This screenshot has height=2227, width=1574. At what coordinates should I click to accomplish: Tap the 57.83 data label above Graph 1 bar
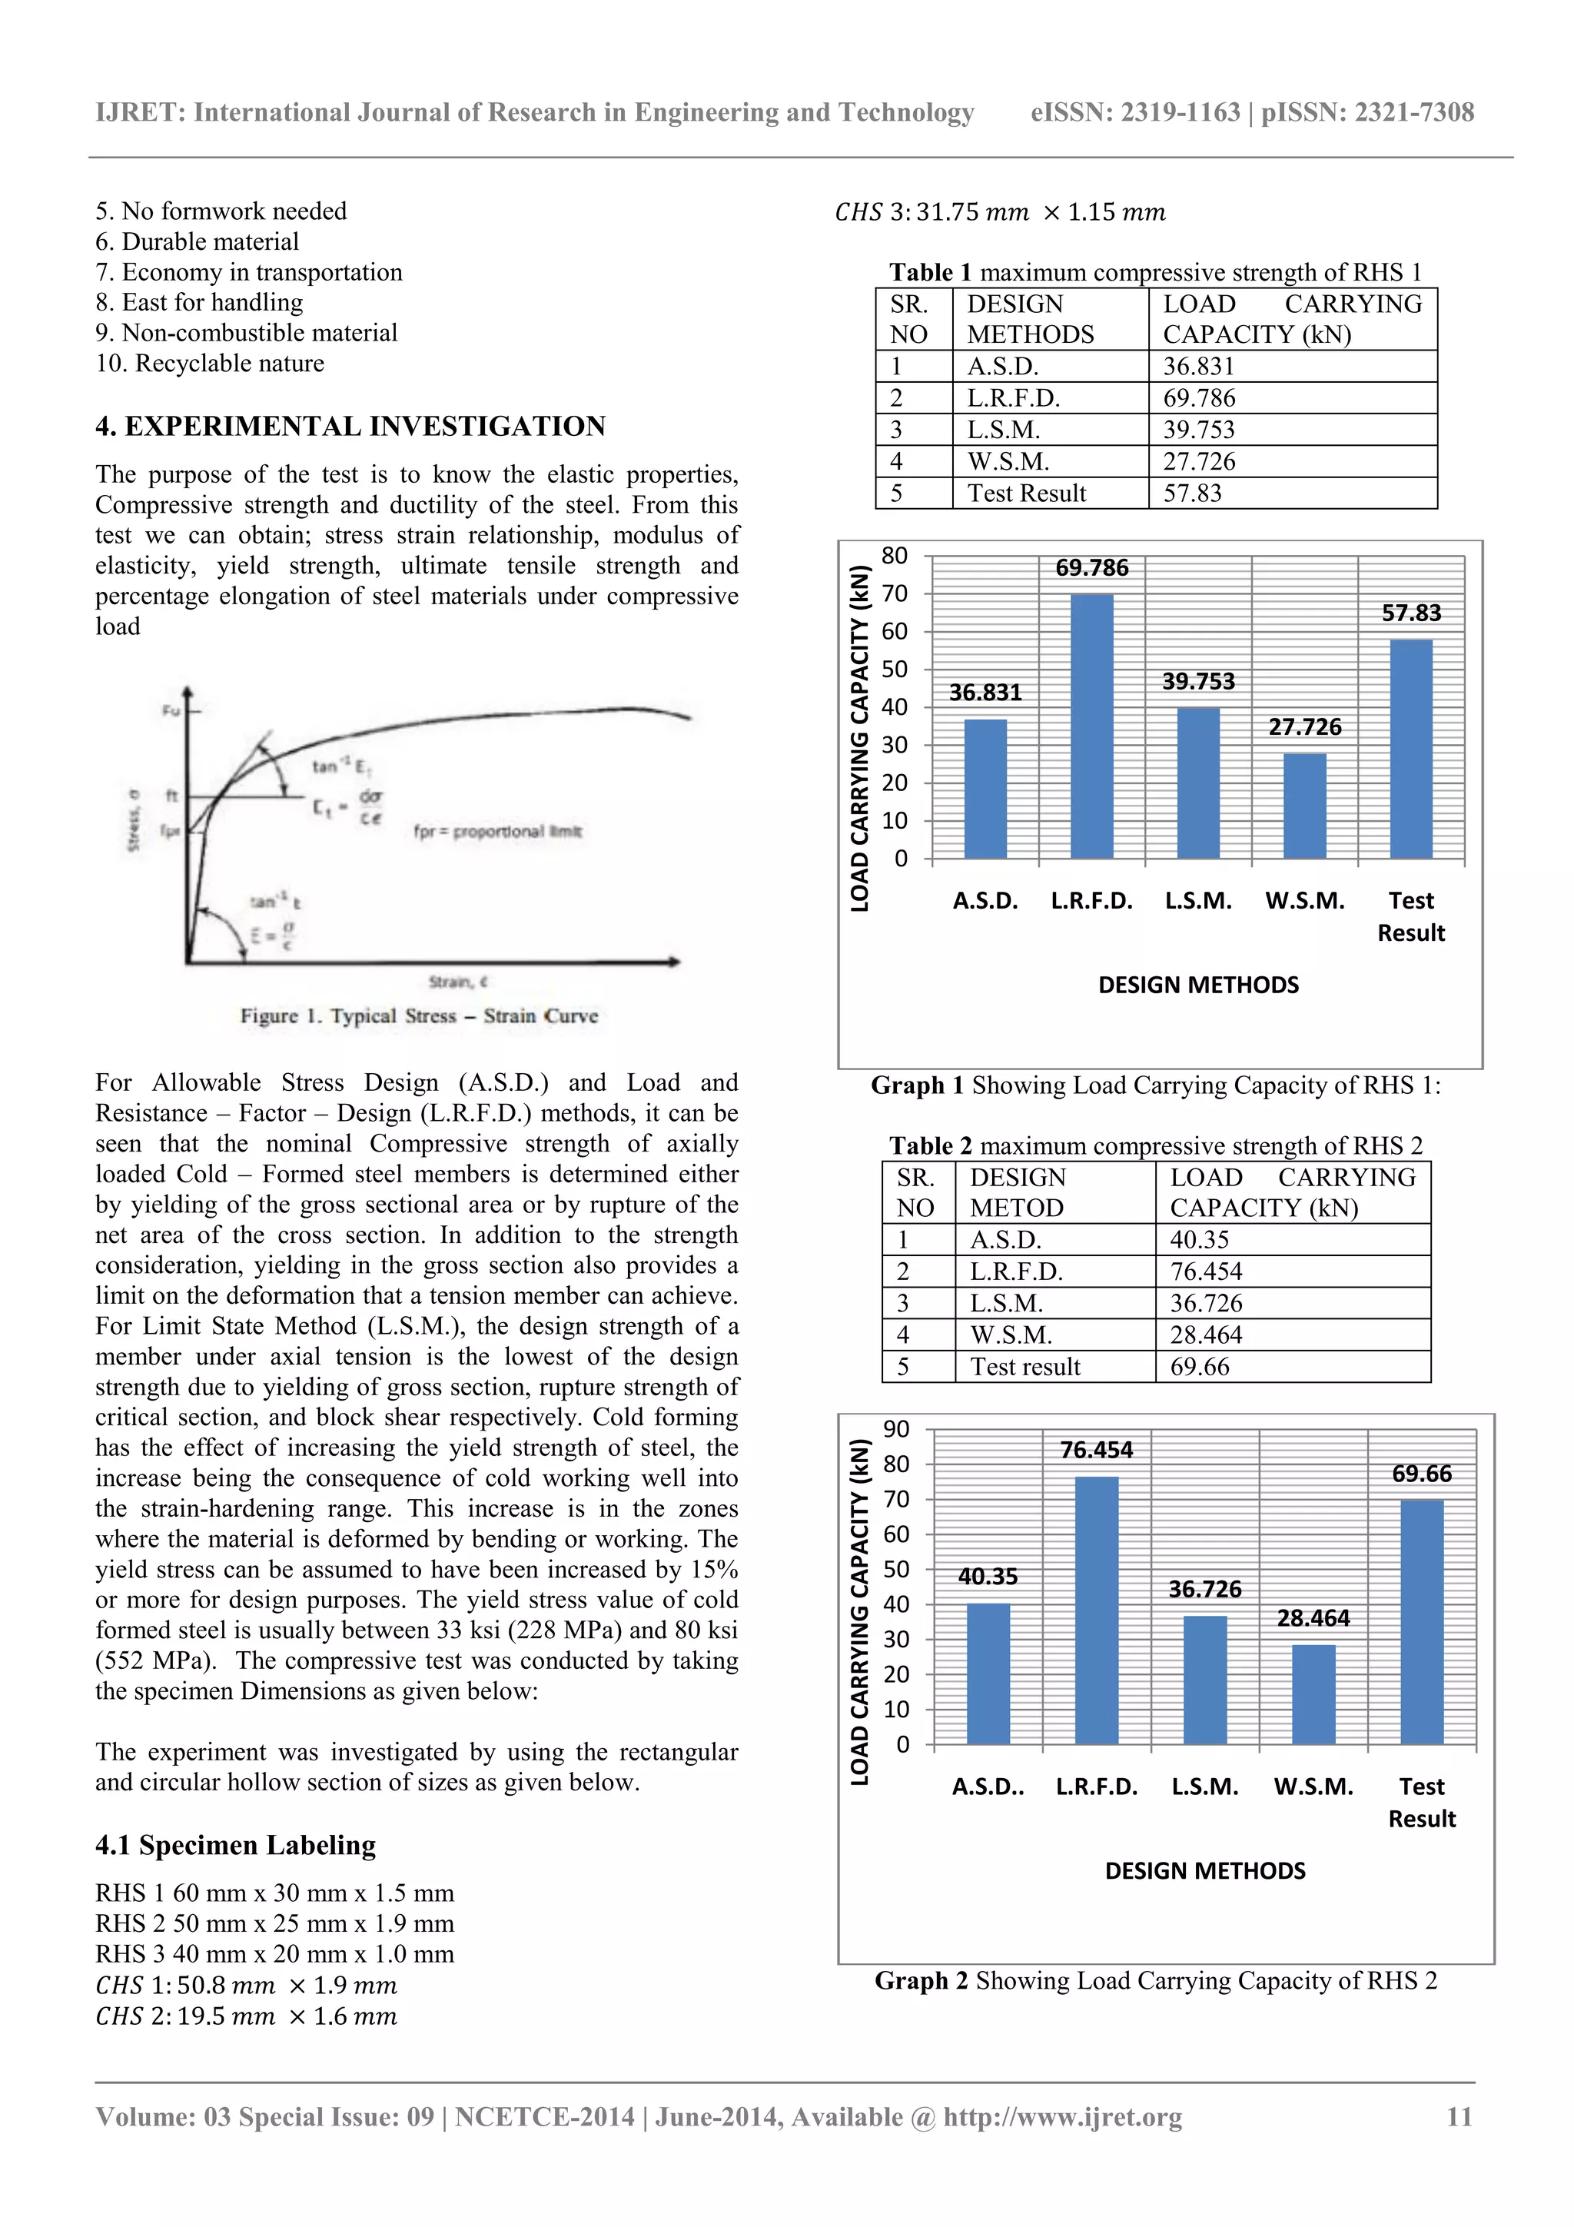[x=1411, y=613]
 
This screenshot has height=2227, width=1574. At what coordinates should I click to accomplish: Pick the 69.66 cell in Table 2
[x=1199, y=1367]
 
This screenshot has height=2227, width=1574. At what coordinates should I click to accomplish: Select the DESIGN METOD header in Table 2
[x=1018, y=1192]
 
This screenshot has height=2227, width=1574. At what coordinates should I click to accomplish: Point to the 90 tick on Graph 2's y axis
[x=896, y=1429]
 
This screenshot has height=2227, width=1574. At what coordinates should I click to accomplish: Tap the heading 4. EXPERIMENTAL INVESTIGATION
[x=350, y=427]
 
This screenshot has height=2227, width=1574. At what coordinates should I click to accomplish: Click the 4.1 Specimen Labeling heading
[x=236, y=1845]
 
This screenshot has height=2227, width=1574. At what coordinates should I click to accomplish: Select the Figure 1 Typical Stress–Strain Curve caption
[x=419, y=1015]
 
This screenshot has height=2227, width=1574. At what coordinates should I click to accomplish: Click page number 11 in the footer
[x=1459, y=2116]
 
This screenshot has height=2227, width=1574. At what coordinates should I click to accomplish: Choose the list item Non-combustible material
[x=247, y=333]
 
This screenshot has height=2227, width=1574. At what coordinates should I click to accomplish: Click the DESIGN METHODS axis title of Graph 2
[x=1204, y=1870]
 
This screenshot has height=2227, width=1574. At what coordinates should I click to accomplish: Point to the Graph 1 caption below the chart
[x=1155, y=1085]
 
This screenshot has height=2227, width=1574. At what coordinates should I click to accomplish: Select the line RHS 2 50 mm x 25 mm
[x=274, y=1923]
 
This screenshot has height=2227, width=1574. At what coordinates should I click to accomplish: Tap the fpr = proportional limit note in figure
[x=497, y=831]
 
